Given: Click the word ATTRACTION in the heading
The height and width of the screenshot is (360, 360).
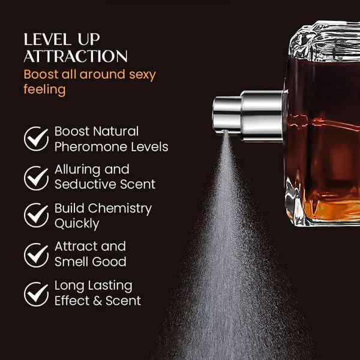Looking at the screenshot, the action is [76, 56].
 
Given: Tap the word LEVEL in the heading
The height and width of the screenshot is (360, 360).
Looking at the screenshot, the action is [47, 39].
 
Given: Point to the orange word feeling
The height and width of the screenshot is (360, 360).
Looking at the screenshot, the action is [44, 89].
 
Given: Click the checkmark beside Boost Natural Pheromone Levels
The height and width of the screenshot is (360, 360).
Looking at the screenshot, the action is [36, 139].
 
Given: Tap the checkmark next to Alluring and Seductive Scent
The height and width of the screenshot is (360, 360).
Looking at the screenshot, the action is [36, 178].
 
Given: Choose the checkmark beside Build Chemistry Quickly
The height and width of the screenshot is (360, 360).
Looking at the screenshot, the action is [36, 215].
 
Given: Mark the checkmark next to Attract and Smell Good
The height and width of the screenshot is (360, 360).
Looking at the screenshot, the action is [36, 255].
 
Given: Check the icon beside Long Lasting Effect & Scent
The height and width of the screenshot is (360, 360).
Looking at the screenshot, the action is [36, 294].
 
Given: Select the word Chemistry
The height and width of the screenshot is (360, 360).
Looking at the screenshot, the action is [120, 209].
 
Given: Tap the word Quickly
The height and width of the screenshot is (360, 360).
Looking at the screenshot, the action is [77, 224].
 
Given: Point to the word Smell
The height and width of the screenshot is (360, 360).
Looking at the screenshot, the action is [71, 261].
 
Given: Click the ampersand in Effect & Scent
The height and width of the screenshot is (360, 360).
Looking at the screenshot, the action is [98, 301].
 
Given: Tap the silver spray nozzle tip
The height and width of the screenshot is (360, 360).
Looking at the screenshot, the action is [227, 115].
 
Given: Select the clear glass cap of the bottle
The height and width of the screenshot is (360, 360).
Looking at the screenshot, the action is [324, 41].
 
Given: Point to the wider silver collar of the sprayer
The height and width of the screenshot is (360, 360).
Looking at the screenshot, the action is [262, 116].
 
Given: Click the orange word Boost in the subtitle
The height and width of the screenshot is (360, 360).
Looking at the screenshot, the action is [41, 74].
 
